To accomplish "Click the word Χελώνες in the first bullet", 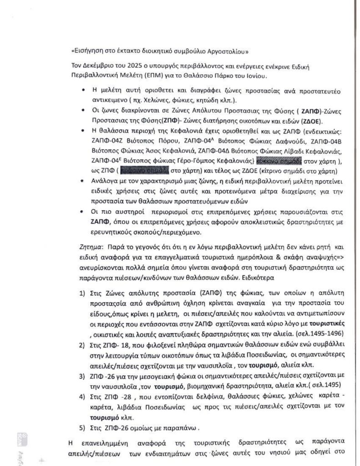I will point(150,100).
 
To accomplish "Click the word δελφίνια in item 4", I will point(186,397).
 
